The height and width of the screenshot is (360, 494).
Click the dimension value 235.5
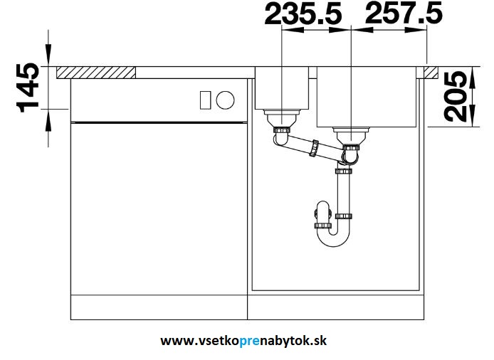tap(303, 14)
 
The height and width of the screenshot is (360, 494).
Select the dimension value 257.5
tap(404, 14)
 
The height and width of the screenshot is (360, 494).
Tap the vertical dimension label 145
tap(28, 88)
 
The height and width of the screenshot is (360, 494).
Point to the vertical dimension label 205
tap(456, 96)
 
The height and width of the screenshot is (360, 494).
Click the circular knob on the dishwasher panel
tap(225, 100)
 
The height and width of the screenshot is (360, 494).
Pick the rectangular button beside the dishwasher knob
tap(206, 100)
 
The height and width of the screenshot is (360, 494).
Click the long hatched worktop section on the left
tap(96, 73)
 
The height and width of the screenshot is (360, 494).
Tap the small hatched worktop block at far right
tap(431, 73)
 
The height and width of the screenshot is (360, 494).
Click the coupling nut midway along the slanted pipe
tap(314, 148)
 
